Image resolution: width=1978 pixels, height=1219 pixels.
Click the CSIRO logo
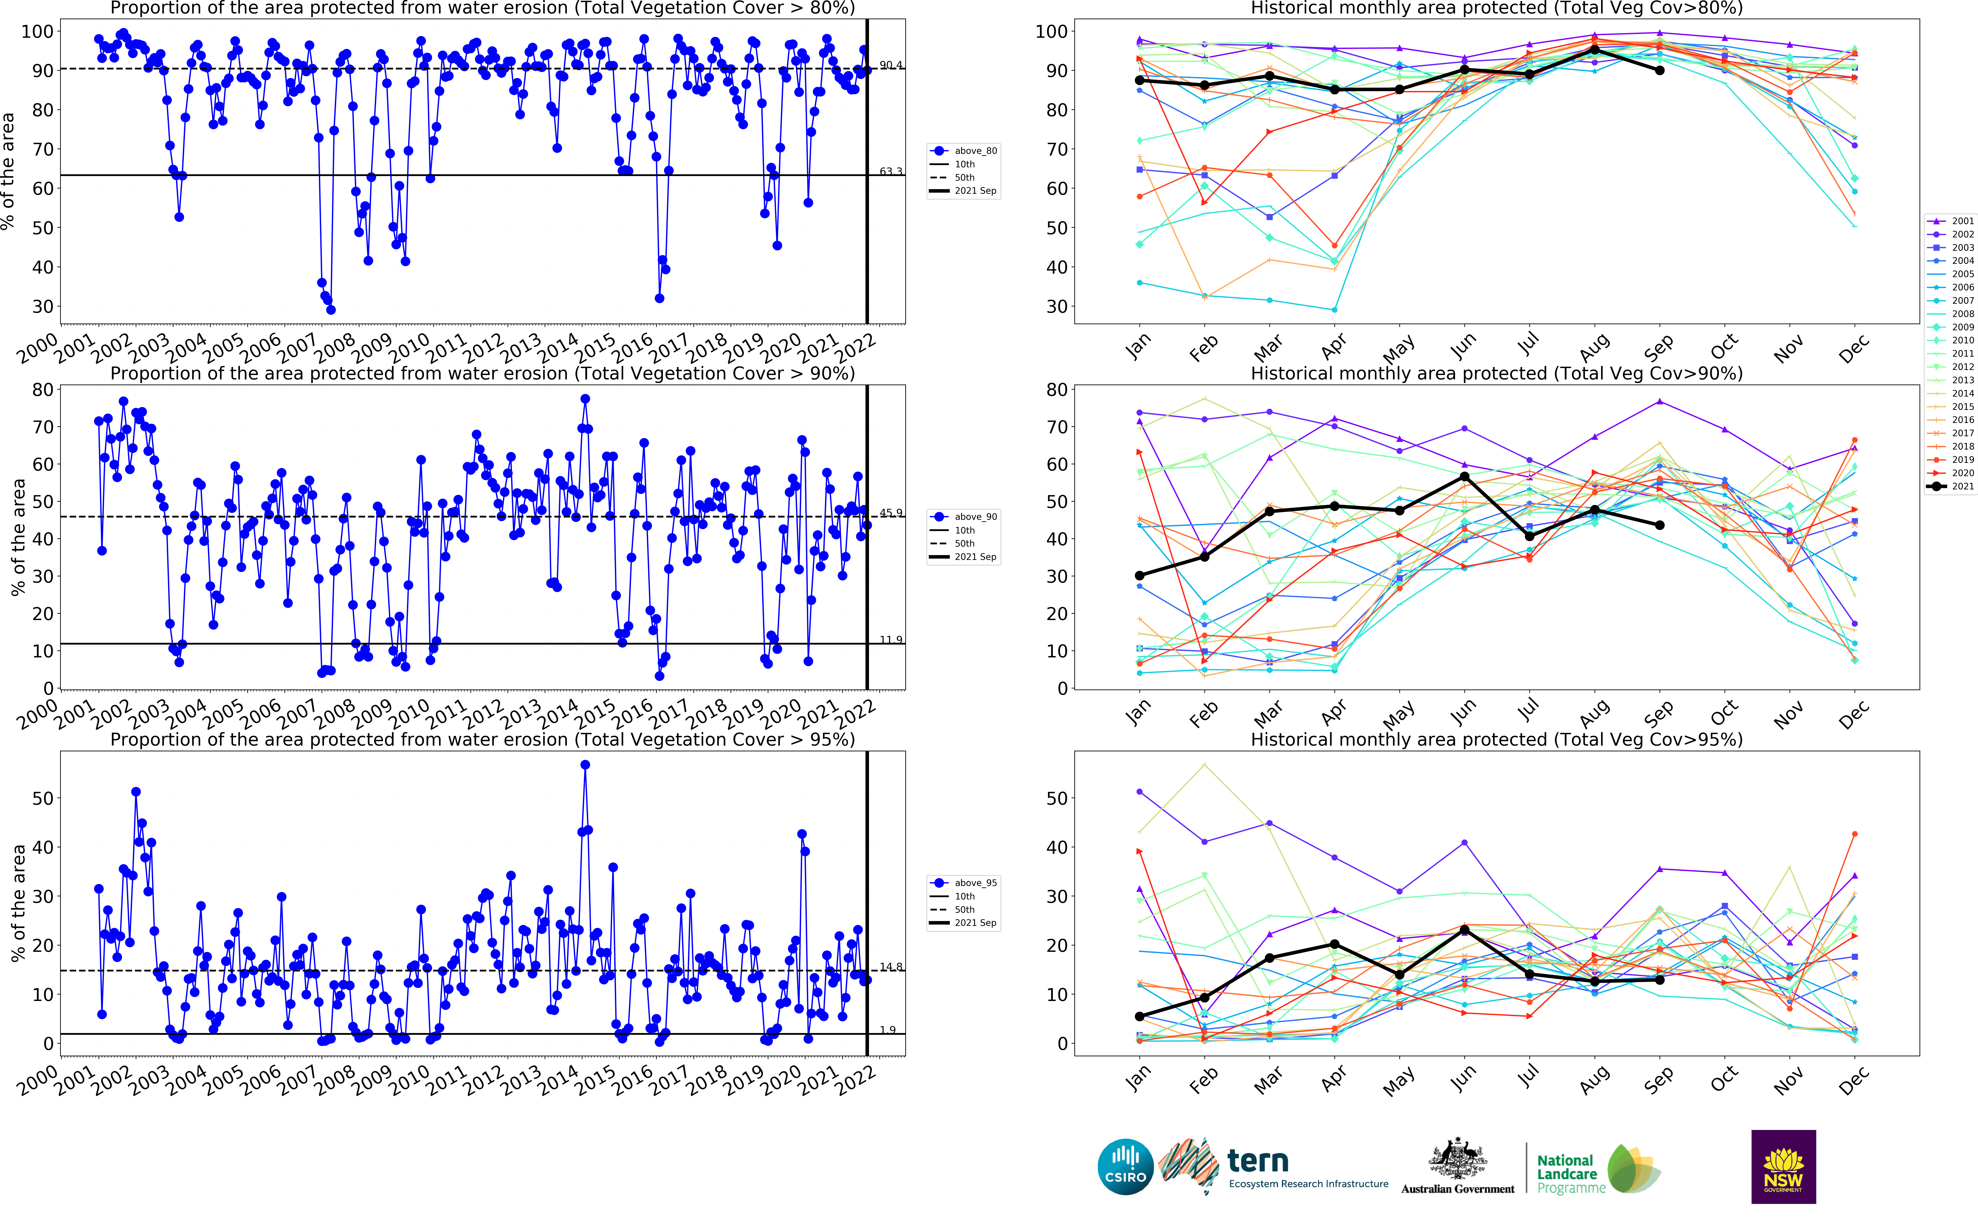click(1125, 1167)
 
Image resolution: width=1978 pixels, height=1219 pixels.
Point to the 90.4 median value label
click(891, 65)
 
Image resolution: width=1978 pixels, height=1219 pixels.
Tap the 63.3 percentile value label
click(891, 172)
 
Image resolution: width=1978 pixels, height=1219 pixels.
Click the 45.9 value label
click(891, 513)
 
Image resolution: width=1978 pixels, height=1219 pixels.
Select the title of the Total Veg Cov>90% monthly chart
click(1496, 373)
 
